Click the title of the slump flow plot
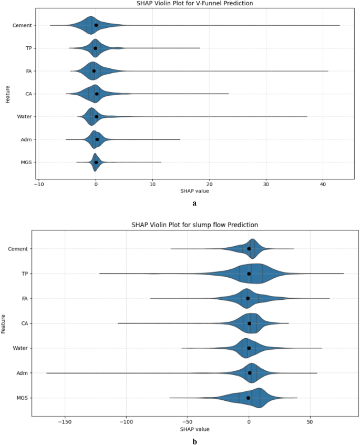coord(194,225)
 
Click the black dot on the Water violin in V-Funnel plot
coord(96,117)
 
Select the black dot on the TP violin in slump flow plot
coord(249,274)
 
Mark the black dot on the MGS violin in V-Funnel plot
coord(96,163)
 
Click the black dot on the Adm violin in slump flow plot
coord(250,373)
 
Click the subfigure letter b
coord(194,441)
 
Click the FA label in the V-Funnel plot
coord(27,71)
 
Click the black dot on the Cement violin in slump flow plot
coord(249,249)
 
